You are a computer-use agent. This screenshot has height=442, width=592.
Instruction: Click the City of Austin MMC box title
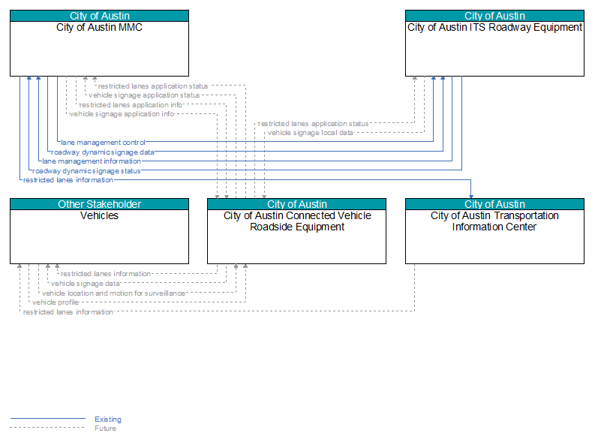[x=99, y=28]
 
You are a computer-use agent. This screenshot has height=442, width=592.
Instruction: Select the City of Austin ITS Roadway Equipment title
[x=494, y=28]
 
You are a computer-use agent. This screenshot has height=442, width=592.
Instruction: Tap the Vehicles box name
[x=99, y=215]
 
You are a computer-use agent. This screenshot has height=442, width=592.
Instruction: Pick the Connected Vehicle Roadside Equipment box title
[x=297, y=221]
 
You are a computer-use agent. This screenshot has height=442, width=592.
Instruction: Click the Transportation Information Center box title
[x=494, y=221]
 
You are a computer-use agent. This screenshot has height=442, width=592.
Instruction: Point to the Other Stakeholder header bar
[x=99, y=204]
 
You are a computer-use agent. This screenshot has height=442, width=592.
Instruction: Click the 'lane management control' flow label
[x=103, y=143]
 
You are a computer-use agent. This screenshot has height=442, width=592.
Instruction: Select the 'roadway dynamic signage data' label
[x=103, y=152]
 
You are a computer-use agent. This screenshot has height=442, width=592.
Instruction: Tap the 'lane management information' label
[x=92, y=161]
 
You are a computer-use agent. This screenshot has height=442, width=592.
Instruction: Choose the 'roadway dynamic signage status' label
[x=86, y=171]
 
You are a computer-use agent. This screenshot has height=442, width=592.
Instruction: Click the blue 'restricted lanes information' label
[x=68, y=180]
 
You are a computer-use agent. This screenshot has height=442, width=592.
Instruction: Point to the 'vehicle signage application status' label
[x=144, y=95]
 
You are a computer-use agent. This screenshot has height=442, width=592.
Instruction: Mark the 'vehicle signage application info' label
[x=122, y=114]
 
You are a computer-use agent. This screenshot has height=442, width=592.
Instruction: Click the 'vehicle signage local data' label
[x=311, y=133]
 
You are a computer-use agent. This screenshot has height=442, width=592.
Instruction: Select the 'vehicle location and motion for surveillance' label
[x=113, y=293]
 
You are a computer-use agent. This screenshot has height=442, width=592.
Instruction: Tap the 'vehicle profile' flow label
[x=56, y=302]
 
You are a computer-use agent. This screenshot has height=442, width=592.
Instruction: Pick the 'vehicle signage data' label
[x=86, y=284]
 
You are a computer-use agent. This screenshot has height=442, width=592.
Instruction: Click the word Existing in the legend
[x=108, y=419]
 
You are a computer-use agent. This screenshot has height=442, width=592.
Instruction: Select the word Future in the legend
[x=105, y=428]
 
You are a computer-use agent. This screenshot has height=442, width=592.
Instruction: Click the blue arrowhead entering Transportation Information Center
[x=470, y=197]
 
